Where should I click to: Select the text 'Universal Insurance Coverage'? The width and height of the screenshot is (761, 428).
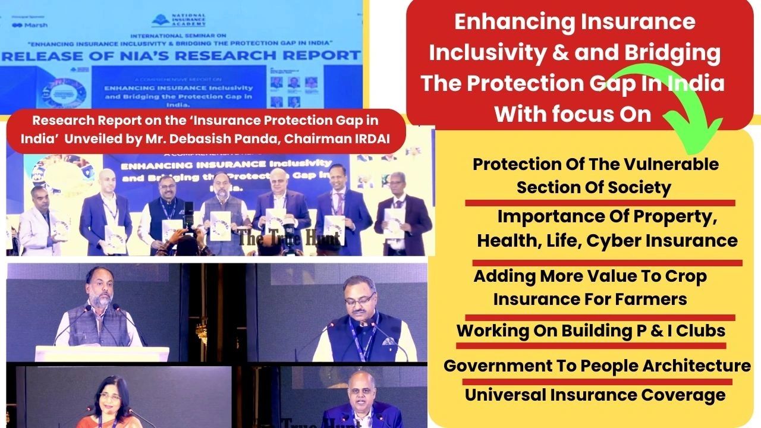click(x=595, y=395)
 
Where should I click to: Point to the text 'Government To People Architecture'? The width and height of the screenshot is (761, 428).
click(x=597, y=366)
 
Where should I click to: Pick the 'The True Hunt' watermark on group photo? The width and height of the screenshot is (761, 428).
click(x=290, y=238)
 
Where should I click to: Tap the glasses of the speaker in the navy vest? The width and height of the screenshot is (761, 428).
click(x=359, y=300)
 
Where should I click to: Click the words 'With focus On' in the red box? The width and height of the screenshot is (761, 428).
click(x=573, y=113)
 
